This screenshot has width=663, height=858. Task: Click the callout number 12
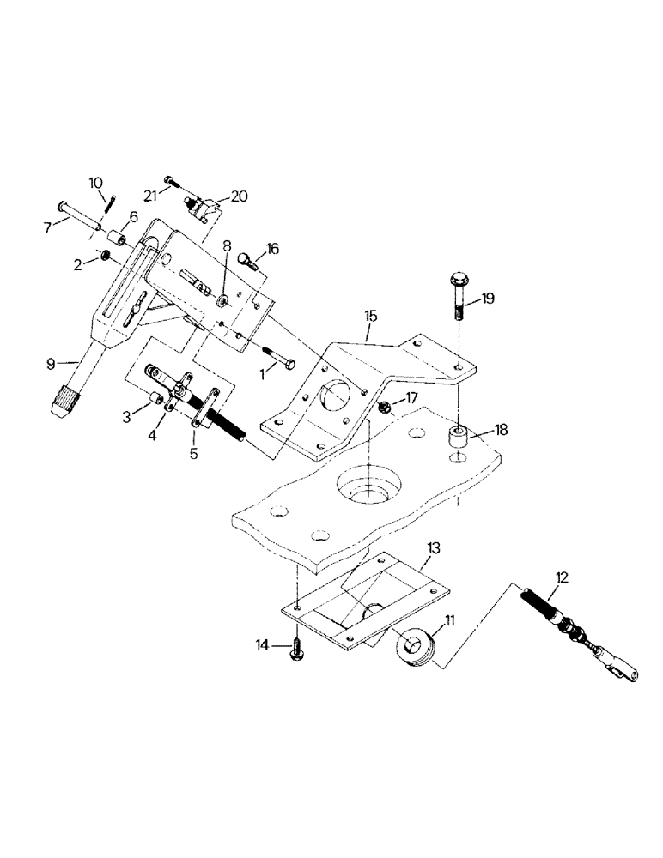(x=561, y=577)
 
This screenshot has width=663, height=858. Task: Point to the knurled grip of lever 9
(x=66, y=401)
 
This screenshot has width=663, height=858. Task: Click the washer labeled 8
(x=222, y=300)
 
